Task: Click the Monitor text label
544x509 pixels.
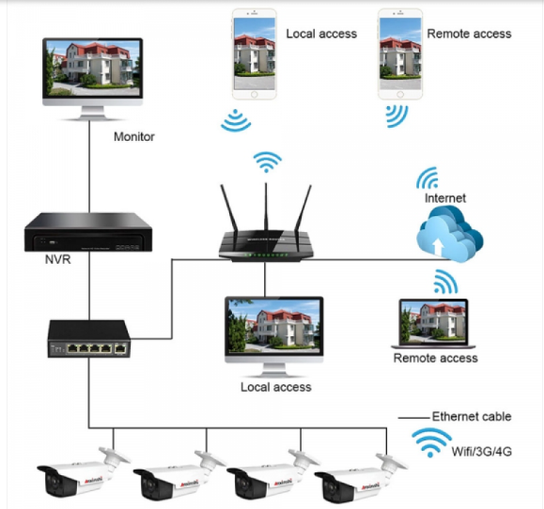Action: pyautogui.click(x=133, y=137)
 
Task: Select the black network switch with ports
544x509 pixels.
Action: pyautogui.click(x=89, y=338)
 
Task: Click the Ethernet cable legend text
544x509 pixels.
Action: pyautogui.click(x=471, y=417)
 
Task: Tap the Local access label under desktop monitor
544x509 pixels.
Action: pyautogui.click(x=275, y=387)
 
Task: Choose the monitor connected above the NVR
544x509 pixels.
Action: pyautogui.click(x=92, y=71)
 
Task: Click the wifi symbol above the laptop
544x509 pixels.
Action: pyautogui.click(x=443, y=282)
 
